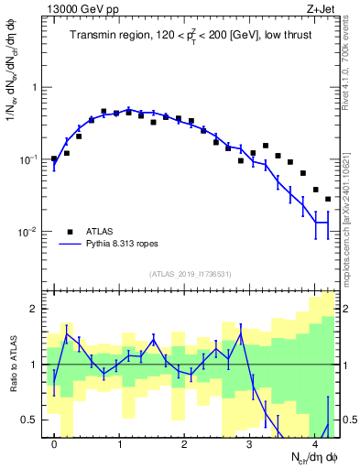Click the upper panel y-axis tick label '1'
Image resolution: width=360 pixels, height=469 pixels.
pos(38,88)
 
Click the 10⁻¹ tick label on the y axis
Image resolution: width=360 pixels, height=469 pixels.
pos(32,159)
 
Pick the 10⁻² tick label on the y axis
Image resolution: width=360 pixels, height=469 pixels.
pos(32,232)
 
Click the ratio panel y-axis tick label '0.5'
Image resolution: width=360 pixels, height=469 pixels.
pos(31,420)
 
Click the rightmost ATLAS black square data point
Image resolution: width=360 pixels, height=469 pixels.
pos(328,199)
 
